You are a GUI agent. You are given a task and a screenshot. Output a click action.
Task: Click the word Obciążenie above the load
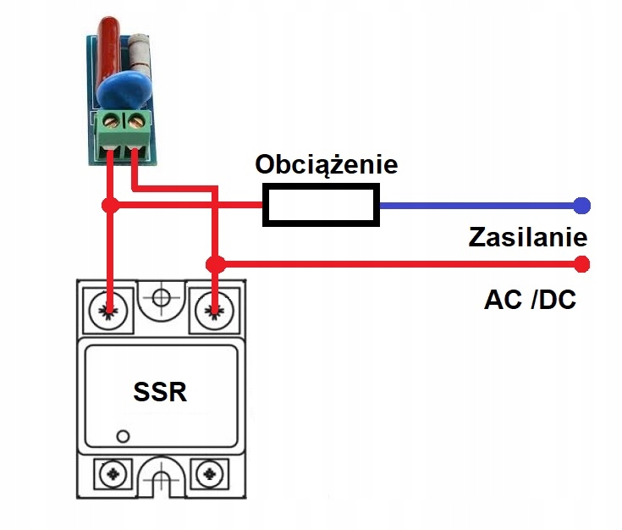coord(326,164)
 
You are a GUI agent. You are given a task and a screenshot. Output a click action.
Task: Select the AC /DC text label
coord(530,298)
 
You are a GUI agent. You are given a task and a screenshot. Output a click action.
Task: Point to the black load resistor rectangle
coord(320,206)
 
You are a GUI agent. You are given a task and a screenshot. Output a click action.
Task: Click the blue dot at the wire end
coord(581,206)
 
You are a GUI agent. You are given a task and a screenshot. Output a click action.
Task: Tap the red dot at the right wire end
coord(581,264)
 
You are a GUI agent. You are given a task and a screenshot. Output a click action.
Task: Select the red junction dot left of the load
coord(109,206)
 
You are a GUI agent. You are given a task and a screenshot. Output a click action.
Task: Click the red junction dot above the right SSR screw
coord(216,264)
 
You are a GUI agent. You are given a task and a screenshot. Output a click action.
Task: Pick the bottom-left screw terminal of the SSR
coord(110,473)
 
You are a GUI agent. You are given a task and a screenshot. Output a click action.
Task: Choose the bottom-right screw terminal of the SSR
coord(209,473)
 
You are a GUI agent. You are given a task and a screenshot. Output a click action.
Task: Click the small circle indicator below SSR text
coord(124,436)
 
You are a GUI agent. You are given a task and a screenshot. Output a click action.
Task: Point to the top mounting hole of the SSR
coord(162,298)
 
